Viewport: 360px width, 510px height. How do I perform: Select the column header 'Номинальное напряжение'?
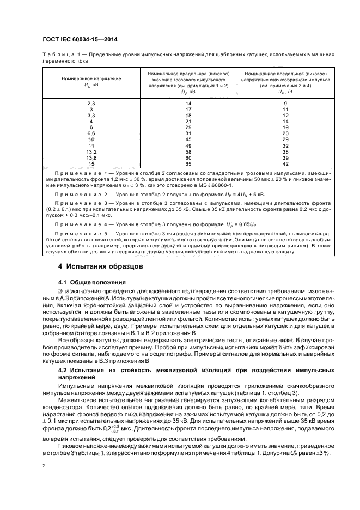point(91,79)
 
